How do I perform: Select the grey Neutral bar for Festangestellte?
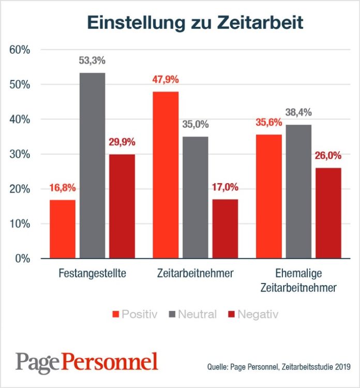(x=92, y=166)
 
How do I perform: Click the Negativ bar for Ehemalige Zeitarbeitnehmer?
(x=329, y=213)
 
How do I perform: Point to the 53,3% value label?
(x=92, y=61)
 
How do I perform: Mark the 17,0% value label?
(x=225, y=187)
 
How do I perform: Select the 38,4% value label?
(x=298, y=112)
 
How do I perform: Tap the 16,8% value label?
(x=63, y=188)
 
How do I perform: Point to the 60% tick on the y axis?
(x=20, y=50)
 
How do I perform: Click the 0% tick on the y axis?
(x=23, y=259)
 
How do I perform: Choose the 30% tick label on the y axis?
(x=20, y=154)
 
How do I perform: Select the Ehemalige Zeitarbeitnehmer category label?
(x=298, y=280)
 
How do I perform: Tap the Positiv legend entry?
(x=134, y=314)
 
